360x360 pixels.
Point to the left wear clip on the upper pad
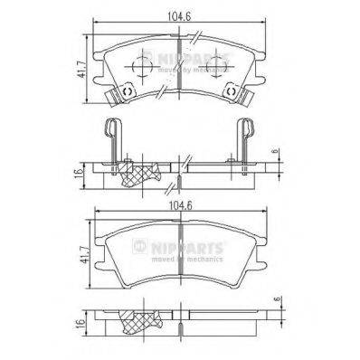(x=112, y=93)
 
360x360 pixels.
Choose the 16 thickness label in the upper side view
(x=80, y=171)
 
